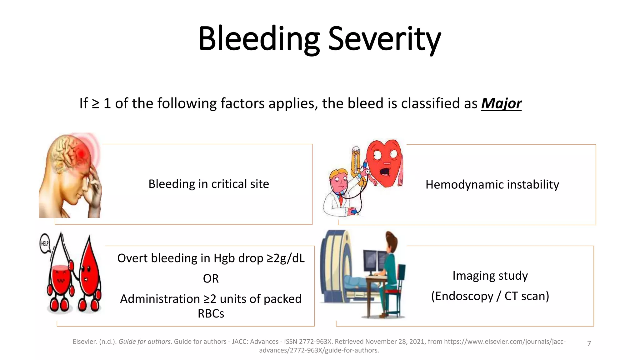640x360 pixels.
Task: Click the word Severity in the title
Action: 384,39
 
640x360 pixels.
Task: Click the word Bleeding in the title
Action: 259,39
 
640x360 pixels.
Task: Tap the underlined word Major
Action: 501,103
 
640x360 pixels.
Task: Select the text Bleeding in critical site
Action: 208,184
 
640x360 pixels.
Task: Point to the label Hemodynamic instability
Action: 492,185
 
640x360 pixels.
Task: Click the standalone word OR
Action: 211,278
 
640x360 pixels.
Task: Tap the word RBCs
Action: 211,313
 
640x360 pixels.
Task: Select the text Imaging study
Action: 490,276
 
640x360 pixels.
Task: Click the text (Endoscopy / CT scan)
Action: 490,296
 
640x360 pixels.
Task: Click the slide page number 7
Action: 589,343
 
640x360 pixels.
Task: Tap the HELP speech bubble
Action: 45,243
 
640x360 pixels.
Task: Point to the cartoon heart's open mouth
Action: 385,172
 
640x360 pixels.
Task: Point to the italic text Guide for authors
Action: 144,342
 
